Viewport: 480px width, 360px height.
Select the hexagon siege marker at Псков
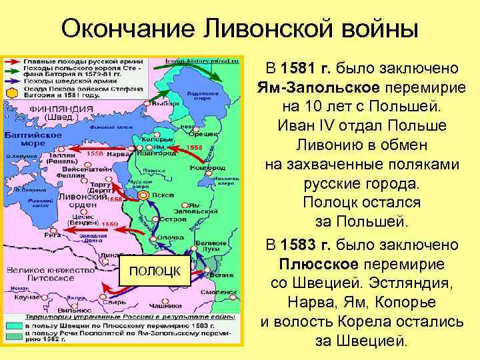click(145, 195)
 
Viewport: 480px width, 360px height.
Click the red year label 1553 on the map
click(195, 146)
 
